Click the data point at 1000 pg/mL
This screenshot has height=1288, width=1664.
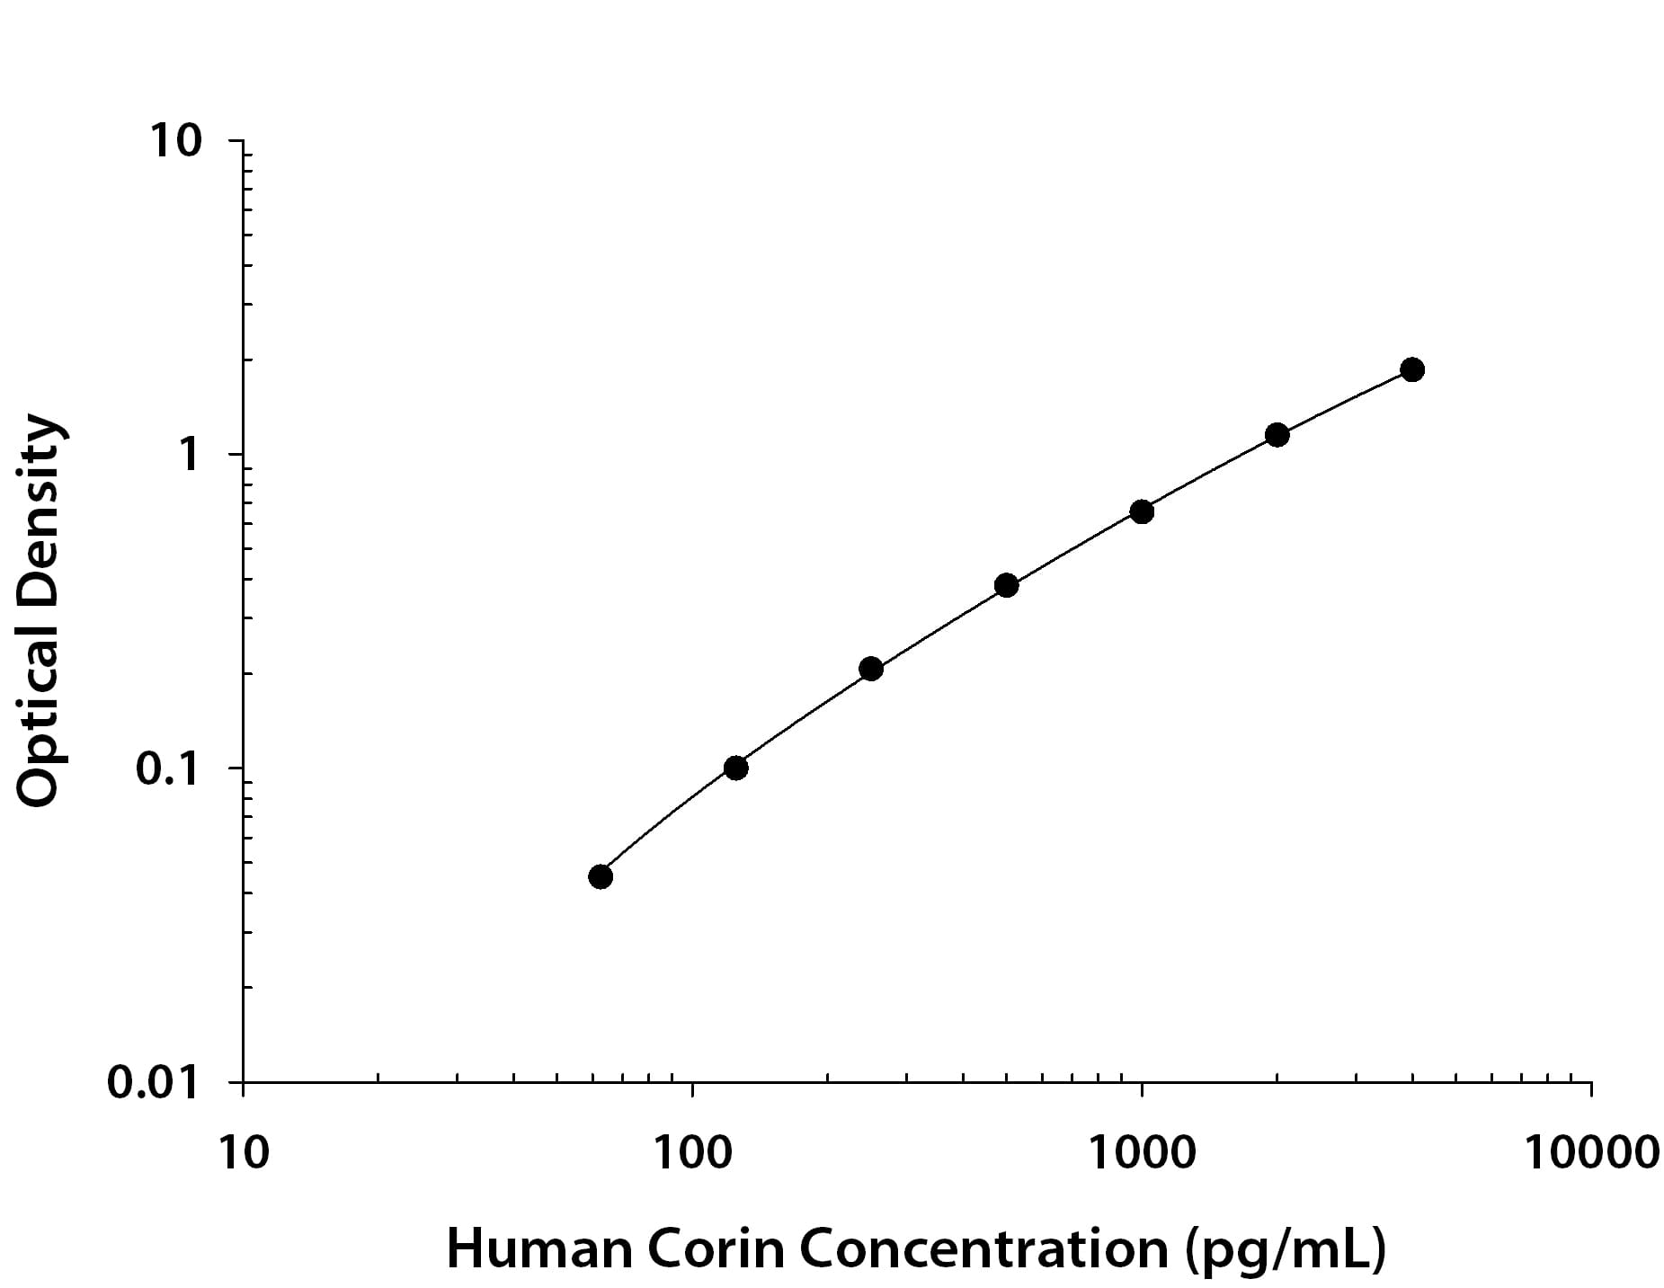1141,511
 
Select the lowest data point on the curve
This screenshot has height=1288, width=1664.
601,876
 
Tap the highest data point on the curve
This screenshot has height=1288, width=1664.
1412,369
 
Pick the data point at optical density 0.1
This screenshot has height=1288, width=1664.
735,768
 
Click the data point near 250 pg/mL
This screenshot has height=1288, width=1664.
870,669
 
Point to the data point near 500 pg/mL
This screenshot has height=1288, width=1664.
1006,585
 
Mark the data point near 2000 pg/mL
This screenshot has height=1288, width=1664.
1277,435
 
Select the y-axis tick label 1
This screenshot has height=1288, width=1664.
187,455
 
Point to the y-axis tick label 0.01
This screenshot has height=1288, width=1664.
153,1082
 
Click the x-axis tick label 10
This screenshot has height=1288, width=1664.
243,1151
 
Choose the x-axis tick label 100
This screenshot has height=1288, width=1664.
692,1151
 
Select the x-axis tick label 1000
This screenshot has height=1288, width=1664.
1142,1151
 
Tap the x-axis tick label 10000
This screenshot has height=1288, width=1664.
1591,1151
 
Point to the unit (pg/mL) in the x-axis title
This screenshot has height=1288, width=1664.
1284,1250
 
